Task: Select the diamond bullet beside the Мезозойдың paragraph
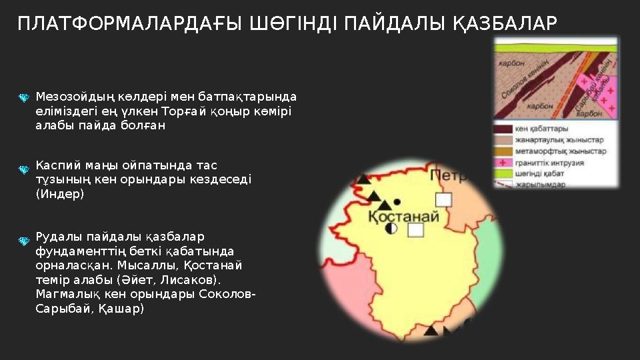click(23, 99)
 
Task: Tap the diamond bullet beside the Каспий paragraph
click(23, 170)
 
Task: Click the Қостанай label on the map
click(403, 216)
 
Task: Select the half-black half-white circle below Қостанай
click(392, 228)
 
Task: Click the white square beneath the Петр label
click(443, 199)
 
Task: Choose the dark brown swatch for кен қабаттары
click(503, 129)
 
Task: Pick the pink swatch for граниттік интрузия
click(503, 163)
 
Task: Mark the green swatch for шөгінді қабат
click(503, 174)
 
